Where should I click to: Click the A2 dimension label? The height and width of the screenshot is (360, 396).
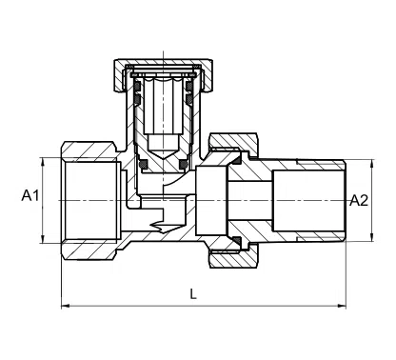pyautogui.click(x=359, y=200)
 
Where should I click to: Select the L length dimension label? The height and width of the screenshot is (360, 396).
pyautogui.click(x=193, y=294)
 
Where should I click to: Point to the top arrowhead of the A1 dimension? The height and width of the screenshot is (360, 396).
pyautogui.click(x=46, y=156)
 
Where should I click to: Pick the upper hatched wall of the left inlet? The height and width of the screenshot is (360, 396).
pyautogui.click(x=90, y=152)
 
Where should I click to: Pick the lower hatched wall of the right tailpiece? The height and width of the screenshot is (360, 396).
pyautogui.click(x=305, y=230)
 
